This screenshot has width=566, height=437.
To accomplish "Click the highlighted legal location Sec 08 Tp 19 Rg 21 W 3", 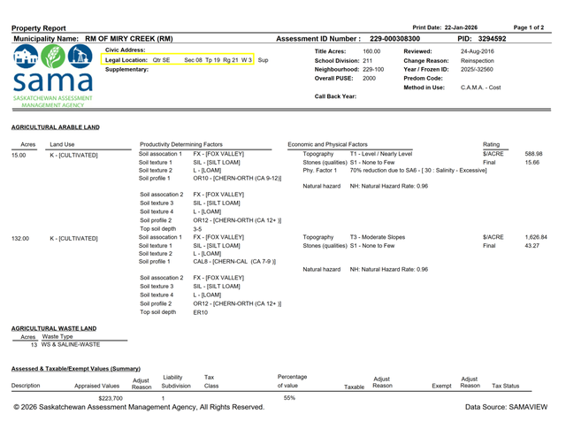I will pos(218,60).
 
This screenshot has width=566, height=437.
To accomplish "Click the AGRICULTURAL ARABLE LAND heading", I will pos(56,126).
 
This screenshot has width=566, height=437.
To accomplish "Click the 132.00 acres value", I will pos(21,238).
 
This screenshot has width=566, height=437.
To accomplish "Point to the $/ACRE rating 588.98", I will pos(532,154).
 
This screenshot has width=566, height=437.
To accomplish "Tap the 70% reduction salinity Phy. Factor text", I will pos(418,169).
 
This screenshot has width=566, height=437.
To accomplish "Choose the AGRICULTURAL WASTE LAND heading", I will pos(54,328).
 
